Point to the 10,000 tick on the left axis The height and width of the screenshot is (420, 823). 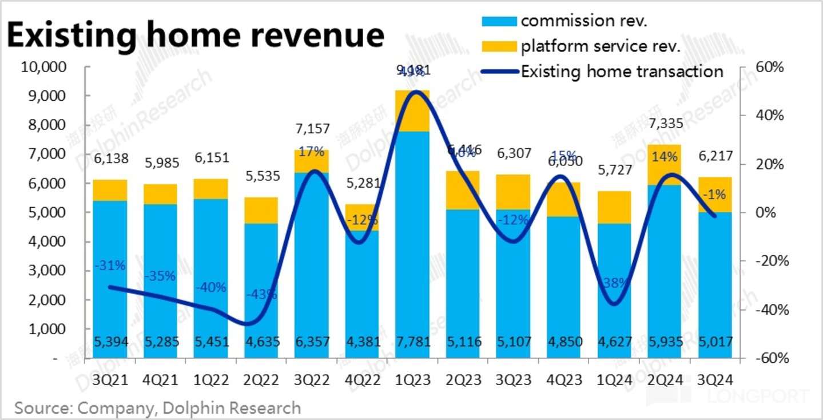click(x=43, y=68)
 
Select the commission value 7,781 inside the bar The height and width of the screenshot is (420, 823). click(x=412, y=342)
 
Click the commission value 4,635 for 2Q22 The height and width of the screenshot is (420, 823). click(x=261, y=342)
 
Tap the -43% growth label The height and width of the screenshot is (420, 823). click(x=262, y=295)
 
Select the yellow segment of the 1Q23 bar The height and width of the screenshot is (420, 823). click(x=412, y=111)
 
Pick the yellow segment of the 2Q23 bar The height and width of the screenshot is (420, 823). click(x=463, y=190)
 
